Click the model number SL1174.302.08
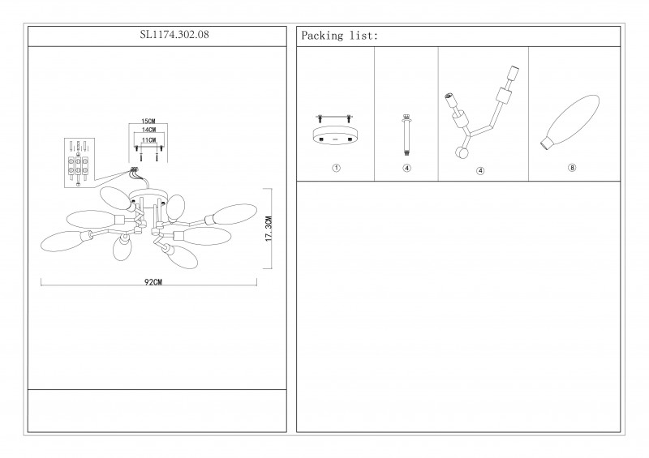[x=174, y=35]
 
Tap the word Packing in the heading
[x=322, y=36]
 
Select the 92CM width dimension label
[x=153, y=282]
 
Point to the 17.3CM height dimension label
[x=269, y=229]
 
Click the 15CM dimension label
[x=148, y=122]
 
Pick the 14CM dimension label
[x=148, y=130]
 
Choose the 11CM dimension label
[x=148, y=140]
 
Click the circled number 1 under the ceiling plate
[x=336, y=168]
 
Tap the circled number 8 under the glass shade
[x=572, y=168]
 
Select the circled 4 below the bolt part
[x=407, y=168]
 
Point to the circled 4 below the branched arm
[x=480, y=170]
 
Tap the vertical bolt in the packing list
[x=407, y=135]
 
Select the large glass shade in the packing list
[x=570, y=122]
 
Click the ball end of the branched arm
[x=461, y=153]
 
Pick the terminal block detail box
[x=80, y=163]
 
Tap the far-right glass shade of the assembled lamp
[x=235, y=214]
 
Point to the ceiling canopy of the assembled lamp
[x=148, y=194]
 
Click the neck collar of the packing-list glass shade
[x=547, y=143]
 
